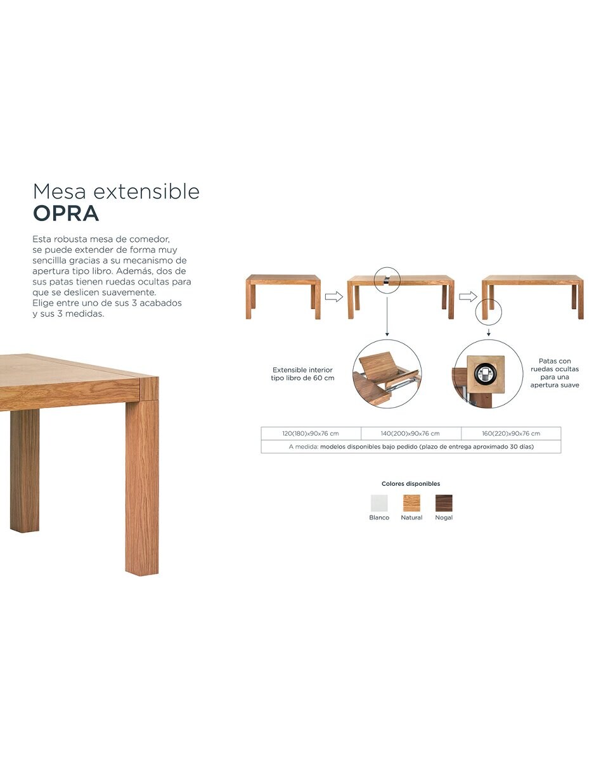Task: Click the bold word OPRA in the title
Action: (x=66, y=213)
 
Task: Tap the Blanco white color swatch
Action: (x=379, y=503)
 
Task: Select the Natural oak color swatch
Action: (x=411, y=503)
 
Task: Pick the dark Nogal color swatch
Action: (x=444, y=503)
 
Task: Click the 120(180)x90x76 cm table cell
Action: (x=311, y=433)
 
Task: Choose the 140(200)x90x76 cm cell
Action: (x=411, y=433)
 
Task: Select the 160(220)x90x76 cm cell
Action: (x=511, y=433)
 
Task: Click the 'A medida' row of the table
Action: (x=411, y=446)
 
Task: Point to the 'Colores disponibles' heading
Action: (x=411, y=483)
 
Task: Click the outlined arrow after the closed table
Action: (x=333, y=296)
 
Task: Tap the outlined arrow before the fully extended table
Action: (x=468, y=296)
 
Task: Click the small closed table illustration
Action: (x=283, y=296)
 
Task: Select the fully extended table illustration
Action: (x=532, y=296)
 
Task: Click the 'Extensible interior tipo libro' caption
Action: (x=302, y=374)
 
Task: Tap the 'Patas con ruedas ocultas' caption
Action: (x=555, y=373)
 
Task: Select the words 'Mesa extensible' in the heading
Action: (x=116, y=191)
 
